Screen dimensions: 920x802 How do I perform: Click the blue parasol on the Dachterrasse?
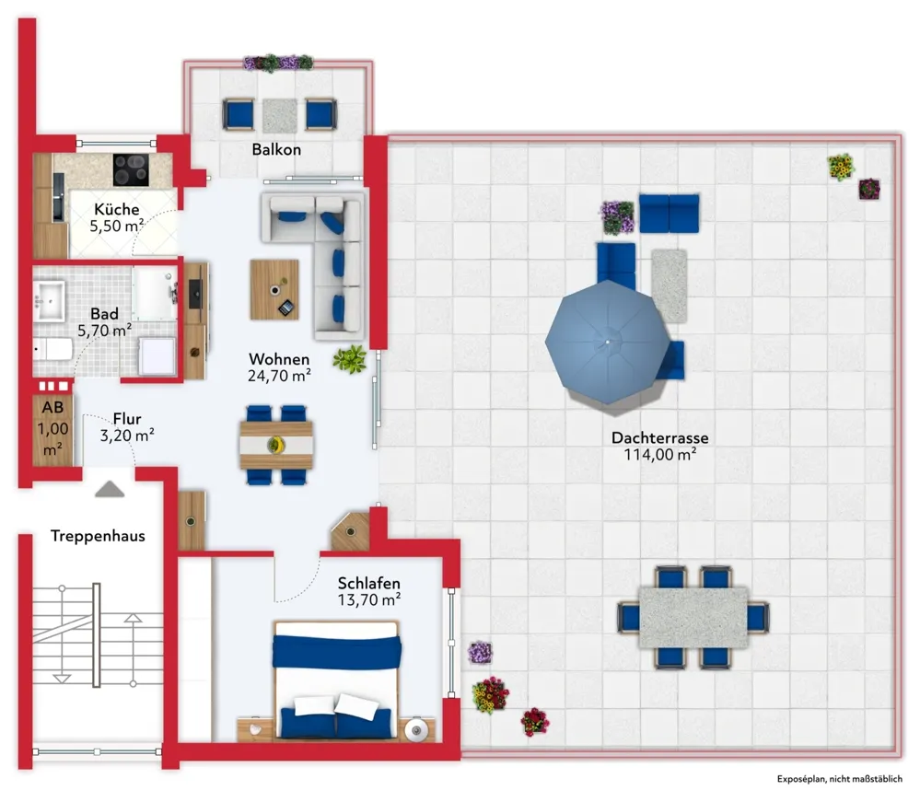[x=607, y=342]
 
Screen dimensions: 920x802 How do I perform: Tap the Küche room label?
[x=117, y=209]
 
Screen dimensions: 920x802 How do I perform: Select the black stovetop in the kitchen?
[x=131, y=169]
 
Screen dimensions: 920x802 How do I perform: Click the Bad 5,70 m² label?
[x=104, y=322]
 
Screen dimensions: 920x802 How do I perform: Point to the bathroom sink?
[x=50, y=301]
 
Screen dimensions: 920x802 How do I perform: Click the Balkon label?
[x=276, y=149]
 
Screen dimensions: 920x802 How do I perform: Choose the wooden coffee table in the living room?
[x=274, y=290]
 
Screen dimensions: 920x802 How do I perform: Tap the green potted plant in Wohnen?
[x=350, y=358]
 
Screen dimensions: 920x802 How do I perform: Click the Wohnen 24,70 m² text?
[x=279, y=367]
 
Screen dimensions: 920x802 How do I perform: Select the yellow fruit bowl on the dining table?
[x=275, y=446]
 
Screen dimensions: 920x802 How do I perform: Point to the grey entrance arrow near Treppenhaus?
[x=110, y=489]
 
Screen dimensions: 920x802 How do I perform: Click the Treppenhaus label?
[x=98, y=536]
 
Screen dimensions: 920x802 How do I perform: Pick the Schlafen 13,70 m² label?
[x=369, y=591]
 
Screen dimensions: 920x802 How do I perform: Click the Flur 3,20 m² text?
[x=127, y=427]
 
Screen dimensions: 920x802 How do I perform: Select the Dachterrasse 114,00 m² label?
[x=660, y=446]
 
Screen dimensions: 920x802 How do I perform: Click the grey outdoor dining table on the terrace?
[x=693, y=617]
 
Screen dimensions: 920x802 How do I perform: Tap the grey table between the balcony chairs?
[x=279, y=116]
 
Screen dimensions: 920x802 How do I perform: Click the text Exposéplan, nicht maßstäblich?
[x=840, y=779]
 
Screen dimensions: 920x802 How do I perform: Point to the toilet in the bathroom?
[x=52, y=351]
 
